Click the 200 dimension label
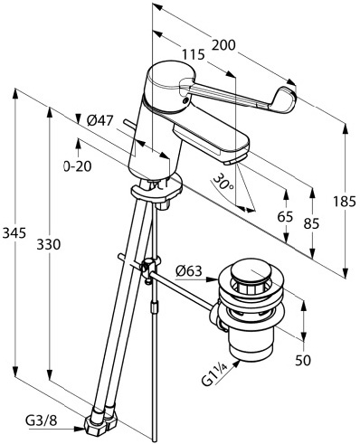coord(223,45)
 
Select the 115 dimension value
coord(194,55)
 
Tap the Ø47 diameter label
coord(99,121)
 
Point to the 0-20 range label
coord(78,166)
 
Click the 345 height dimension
coord(14,233)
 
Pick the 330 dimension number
coord(49,244)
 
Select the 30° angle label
coord(223,182)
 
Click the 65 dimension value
coord(285,216)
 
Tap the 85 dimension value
coord(311,224)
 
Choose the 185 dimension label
coord(345,202)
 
